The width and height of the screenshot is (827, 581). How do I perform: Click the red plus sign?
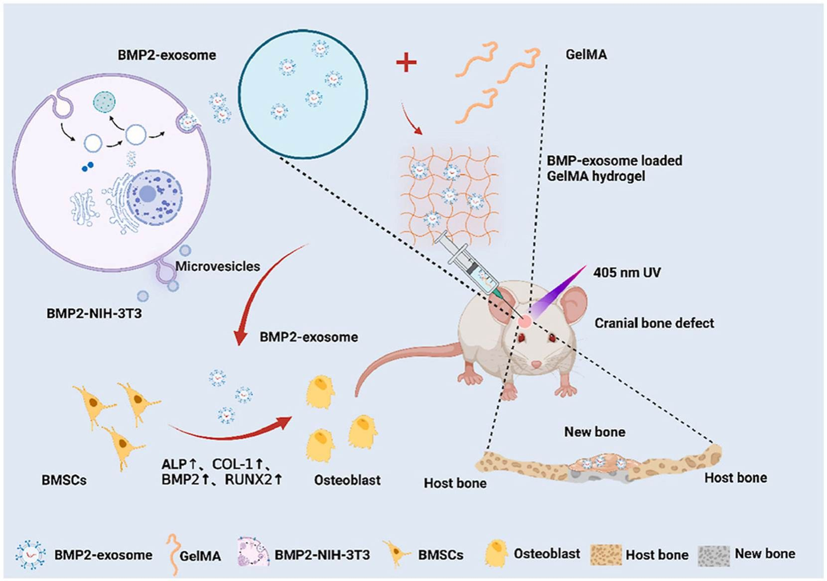click(406, 63)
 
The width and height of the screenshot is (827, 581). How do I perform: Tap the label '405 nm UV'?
click(627, 273)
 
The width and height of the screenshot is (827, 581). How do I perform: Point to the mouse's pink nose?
click(536, 364)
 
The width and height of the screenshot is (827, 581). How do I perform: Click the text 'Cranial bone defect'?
click(654, 323)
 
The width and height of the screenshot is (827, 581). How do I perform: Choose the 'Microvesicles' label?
click(218, 266)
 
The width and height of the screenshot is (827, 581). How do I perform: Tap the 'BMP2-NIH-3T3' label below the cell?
click(94, 314)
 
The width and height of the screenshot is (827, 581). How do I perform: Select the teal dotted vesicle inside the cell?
click(104, 102)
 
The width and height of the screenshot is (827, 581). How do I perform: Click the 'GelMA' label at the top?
click(586, 54)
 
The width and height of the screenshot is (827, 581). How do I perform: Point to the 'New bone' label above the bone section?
click(594, 432)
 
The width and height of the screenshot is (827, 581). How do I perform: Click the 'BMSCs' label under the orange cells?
click(64, 480)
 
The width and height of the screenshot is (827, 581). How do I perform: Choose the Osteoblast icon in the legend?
click(496, 554)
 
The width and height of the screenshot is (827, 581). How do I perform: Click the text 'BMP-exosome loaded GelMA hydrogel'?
click(614, 168)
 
